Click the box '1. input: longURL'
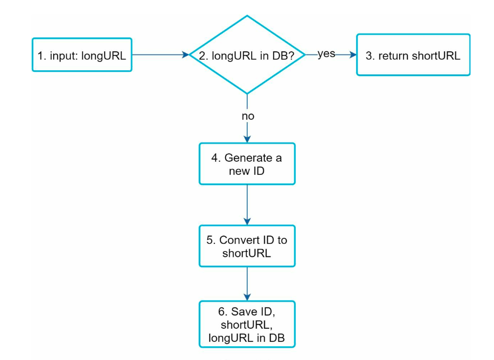pos(82,55)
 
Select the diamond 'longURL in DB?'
pos(247,55)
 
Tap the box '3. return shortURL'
pos(413,55)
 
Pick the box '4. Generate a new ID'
pos(247,164)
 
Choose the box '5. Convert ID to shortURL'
pos(247,246)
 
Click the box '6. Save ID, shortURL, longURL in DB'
pos(247,324)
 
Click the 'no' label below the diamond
pos(248,117)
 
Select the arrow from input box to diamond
pos(159,55)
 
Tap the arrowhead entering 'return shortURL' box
pos(353,55)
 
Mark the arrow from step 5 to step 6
pos(247,283)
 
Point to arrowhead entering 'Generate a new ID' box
pos(247,139)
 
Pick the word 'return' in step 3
pos(394,56)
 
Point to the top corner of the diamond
pos(247,17)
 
